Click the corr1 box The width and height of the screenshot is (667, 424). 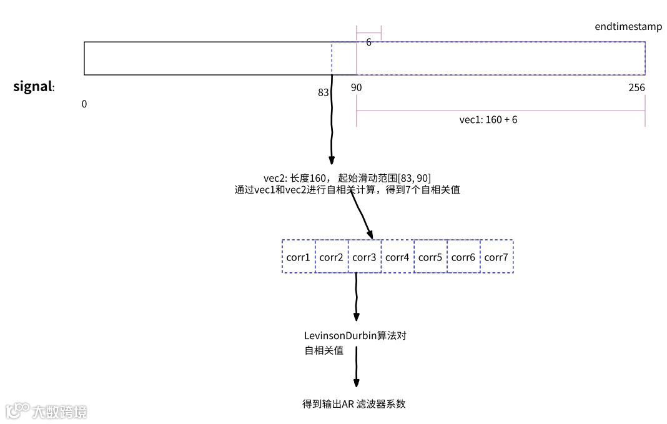click(x=299, y=257)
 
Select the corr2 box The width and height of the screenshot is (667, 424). click(x=332, y=257)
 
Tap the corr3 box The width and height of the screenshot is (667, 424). click(x=365, y=257)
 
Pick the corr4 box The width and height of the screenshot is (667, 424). click(x=398, y=257)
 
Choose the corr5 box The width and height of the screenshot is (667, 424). click(x=431, y=257)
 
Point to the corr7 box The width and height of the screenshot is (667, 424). click(x=497, y=257)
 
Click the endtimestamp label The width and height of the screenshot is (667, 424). click(x=628, y=27)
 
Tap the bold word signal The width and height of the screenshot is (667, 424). click(x=32, y=86)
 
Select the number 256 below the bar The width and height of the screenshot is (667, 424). click(x=636, y=87)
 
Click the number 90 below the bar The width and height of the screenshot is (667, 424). click(x=356, y=87)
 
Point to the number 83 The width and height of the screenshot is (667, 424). click(x=323, y=92)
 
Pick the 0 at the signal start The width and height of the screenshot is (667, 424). click(x=84, y=104)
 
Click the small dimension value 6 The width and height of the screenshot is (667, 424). click(x=369, y=43)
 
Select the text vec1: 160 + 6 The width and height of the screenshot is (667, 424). click(x=488, y=120)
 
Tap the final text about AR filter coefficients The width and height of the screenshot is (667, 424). click(x=353, y=403)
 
